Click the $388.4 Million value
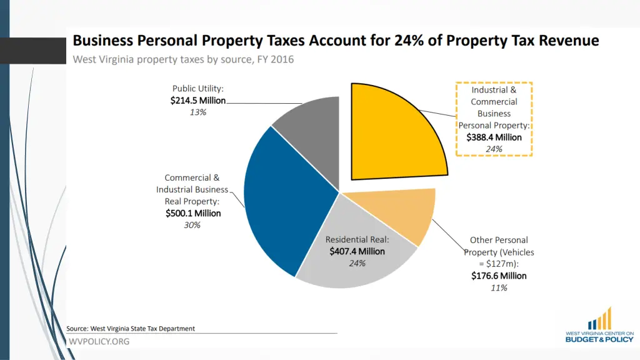(x=494, y=137)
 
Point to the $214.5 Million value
(x=197, y=101)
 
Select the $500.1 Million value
(x=193, y=213)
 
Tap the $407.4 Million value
(x=357, y=251)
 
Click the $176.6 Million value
(x=499, y=276)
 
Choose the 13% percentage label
(x=198, y=112)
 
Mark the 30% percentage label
(x=192, y=225)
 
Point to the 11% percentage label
(x=499, y=287)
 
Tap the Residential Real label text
(x=357, y=239)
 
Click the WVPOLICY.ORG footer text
(x=99, y=341)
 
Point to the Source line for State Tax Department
(x=131, y=328)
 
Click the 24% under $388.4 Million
(x=494, y=149)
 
